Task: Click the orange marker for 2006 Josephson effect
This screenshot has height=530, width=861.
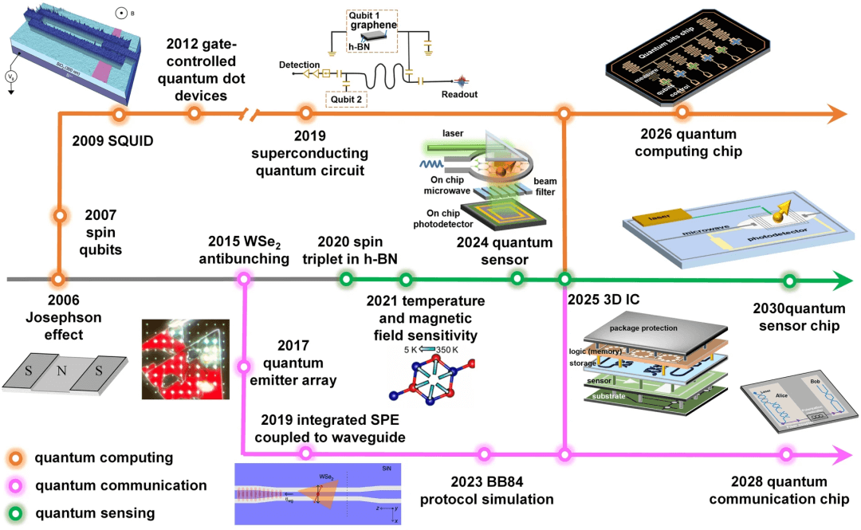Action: [x=58, y=280]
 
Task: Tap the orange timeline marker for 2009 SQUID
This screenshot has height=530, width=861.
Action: [x=119, y=114]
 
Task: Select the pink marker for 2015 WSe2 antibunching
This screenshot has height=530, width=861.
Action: [x=244, y=280]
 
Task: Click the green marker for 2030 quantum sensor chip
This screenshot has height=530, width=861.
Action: [x=788, y=280]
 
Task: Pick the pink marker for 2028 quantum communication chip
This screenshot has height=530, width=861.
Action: [x=787, y=454]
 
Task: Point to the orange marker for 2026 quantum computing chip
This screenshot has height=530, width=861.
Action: [x=682, y=114]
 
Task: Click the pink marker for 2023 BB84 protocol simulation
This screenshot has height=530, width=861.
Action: [x=484, y=454]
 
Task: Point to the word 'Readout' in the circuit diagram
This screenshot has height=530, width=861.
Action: [x=460, y=93]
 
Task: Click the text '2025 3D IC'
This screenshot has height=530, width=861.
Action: [x=604, y=300]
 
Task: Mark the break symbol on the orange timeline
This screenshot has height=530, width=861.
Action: [x=251, y=114]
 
